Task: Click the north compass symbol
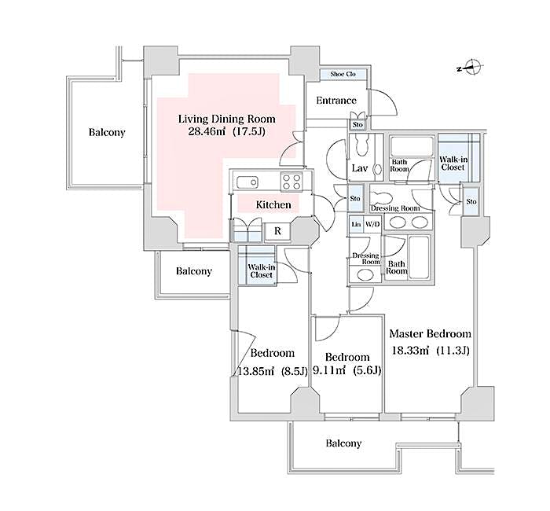tap(471, 68)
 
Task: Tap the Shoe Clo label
tap(343, 74)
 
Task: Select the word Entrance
tap(335, 101)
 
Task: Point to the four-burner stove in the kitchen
tap(291, 181)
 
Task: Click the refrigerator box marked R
tap(276, 231)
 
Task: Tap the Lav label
tap(360, 169)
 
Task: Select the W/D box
tap(372, 225)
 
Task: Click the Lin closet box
tap(356, 225)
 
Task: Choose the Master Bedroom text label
tap(431, 333)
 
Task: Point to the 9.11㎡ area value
tap(332, 370)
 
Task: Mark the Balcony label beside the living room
tap(106, 133)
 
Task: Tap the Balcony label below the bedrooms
tap(344, 443)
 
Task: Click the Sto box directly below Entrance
tap(357, 125)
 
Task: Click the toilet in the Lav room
tap(362, 147)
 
